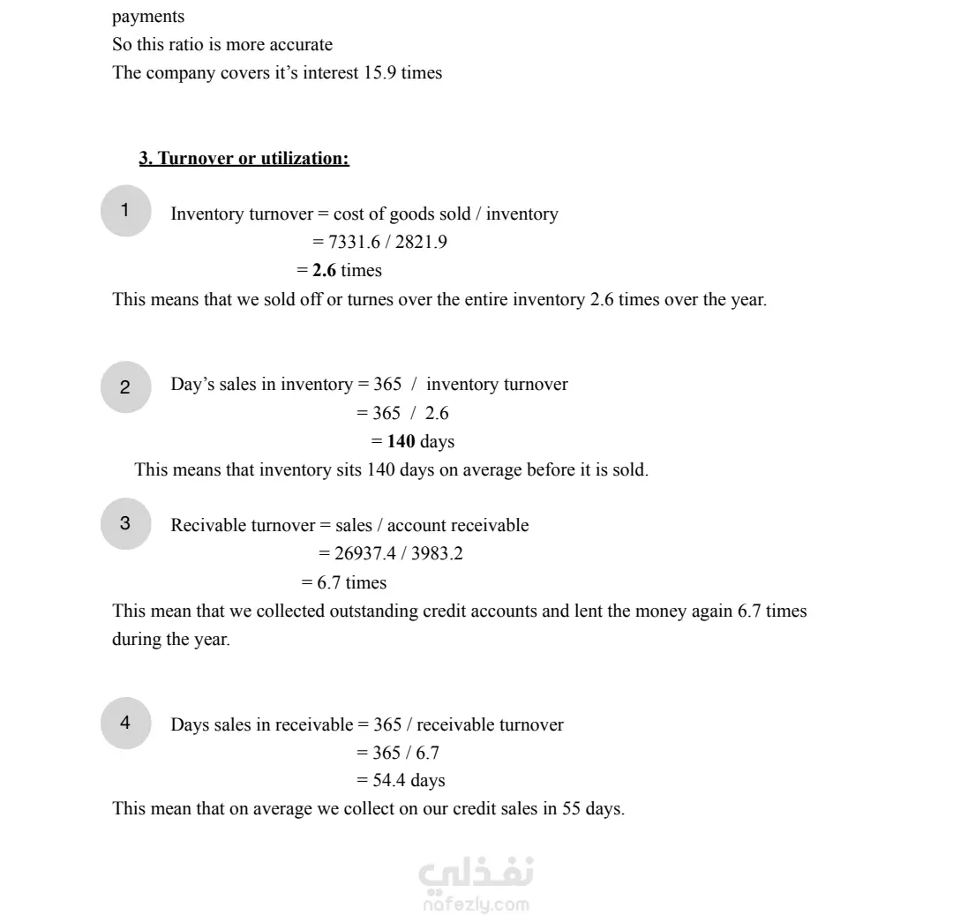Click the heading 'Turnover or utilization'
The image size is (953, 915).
pyautogui.click(x=244, y=159)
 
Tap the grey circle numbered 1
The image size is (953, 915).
pyautogui.click(x=125, y=210)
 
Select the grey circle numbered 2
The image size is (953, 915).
pyautogui.click(x=125, y=386)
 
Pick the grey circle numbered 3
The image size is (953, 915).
pyautogui.click(x=125, y=523)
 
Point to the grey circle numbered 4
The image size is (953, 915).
pyautogui.click(x=125, y=723)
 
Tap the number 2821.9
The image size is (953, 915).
pyautogui.click(x=421, y=243)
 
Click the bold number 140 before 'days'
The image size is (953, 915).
pyautogui.click(x=401, y=441)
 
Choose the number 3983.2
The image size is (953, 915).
pyautogui.click(x=437, y=554)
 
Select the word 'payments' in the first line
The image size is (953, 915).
pyautogui.click(x=148, y=17)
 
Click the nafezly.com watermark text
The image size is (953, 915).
pyautogui.click(x=476, y=904)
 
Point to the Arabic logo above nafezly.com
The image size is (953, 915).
pyautogui.click(x=476, y=874)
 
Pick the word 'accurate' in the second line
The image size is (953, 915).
pyautogui.click(x=302, y=45)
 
